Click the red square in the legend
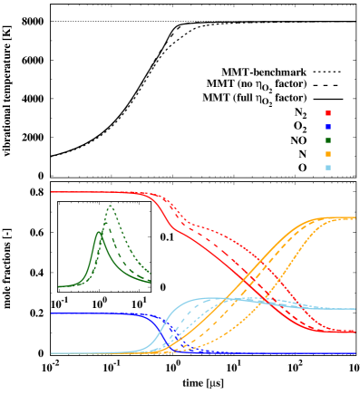(327, 113)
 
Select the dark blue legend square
(327, 127)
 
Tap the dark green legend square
(327, 140)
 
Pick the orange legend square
(327, 154)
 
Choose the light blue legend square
(327, 168)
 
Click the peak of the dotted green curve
(110, 206)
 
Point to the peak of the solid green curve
(98, 232)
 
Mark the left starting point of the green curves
(59, 286)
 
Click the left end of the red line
(52, 192)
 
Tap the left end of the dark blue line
(52, 313)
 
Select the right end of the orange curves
(355, 218)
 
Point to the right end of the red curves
(355, 332)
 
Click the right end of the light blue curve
(355, 309)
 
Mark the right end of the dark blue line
(355, 353)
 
